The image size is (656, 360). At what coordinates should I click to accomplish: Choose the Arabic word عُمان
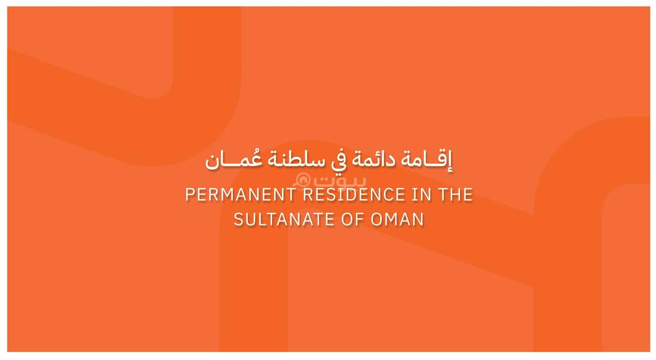[x=233, y=160]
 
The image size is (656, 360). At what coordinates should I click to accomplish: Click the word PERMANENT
[x=241, y=195]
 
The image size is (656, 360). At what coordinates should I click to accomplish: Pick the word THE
[x=455, y=195]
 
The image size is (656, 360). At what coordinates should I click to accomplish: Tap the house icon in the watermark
[x=302, y=181]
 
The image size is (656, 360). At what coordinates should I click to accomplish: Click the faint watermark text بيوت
[x=340, y=181]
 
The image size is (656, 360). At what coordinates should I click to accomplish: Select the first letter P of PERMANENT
[x=190, y=195]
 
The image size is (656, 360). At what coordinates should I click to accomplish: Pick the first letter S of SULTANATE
[x=239, y=220]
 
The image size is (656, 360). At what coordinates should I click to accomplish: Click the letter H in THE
[x=456, y=195]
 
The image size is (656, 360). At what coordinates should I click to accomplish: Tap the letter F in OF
[x=360, y=220]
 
